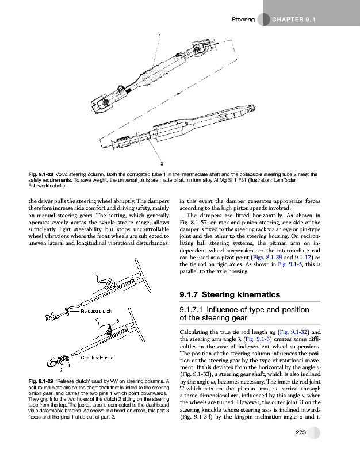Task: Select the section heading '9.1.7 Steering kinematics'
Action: click(230, 295)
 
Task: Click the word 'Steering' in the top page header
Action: click(243, 20)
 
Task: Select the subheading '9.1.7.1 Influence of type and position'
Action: click(245, 311)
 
